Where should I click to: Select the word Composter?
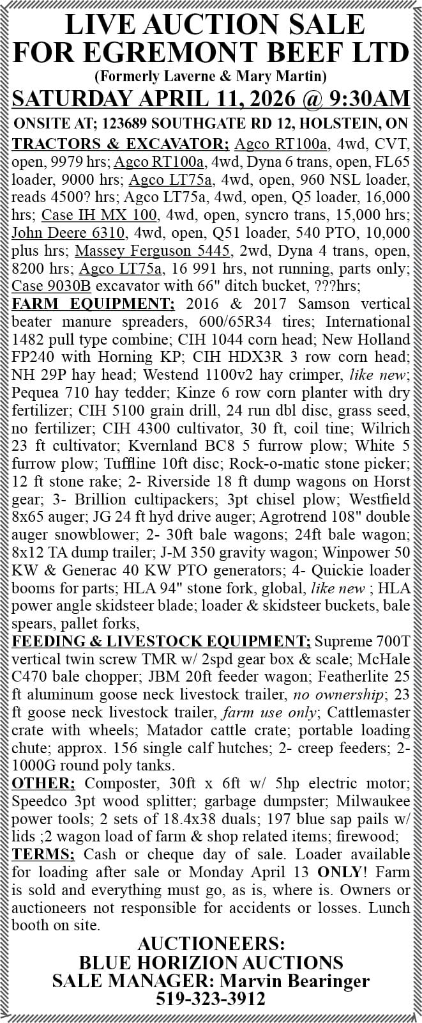tap(118, 784)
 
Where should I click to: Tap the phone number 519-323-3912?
tap(211, 999)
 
